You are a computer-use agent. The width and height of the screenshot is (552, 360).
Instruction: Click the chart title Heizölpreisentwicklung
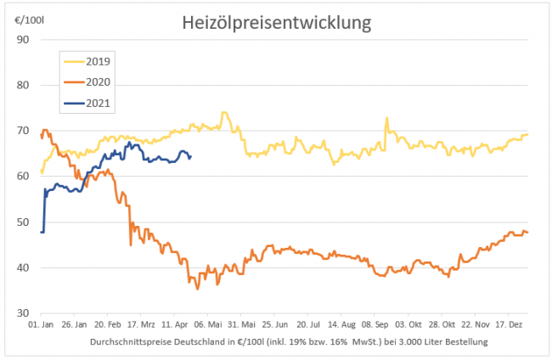[x=277, y=23]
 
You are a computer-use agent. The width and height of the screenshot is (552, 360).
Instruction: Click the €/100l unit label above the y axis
[x=31, y=18]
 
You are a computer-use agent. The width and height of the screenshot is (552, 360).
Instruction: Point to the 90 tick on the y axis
[x=23, y=40]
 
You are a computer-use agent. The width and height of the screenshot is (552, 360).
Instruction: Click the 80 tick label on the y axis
[x=23, y=85]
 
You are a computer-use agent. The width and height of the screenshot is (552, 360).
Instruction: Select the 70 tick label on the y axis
[x=23, y=131]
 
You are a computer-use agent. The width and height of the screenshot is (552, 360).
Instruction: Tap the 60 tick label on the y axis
[x=23, y=177]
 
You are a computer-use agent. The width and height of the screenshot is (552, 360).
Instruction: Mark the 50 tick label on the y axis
[x=23, y=222]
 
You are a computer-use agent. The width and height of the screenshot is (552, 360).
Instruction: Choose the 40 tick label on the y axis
[x=23, y=268]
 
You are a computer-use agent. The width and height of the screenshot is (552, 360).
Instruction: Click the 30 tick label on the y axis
[x=23, y=314]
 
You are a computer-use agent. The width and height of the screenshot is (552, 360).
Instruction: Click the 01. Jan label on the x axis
[x=42, y=325]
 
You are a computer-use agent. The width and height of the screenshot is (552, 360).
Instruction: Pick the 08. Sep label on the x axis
[x=376, y=325]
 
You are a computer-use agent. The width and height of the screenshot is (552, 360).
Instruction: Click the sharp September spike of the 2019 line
[x=386, y=118]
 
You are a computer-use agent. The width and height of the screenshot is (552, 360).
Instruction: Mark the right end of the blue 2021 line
[x=190, y=156]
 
